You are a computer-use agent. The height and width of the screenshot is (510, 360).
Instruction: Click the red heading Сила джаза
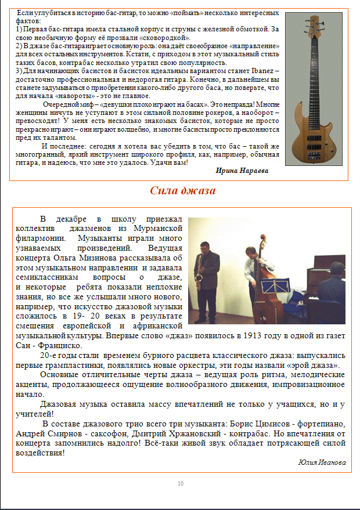click(183, 191)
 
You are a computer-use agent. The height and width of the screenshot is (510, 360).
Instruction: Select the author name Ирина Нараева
click(242, 170)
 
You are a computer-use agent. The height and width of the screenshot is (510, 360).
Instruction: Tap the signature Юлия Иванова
click(322, 462)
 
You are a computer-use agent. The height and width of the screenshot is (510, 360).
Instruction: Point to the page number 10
click(181, 484)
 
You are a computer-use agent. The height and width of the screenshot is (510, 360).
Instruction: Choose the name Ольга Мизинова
click(140, 257)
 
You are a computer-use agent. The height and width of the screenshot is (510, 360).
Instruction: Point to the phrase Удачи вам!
click(172, 162)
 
